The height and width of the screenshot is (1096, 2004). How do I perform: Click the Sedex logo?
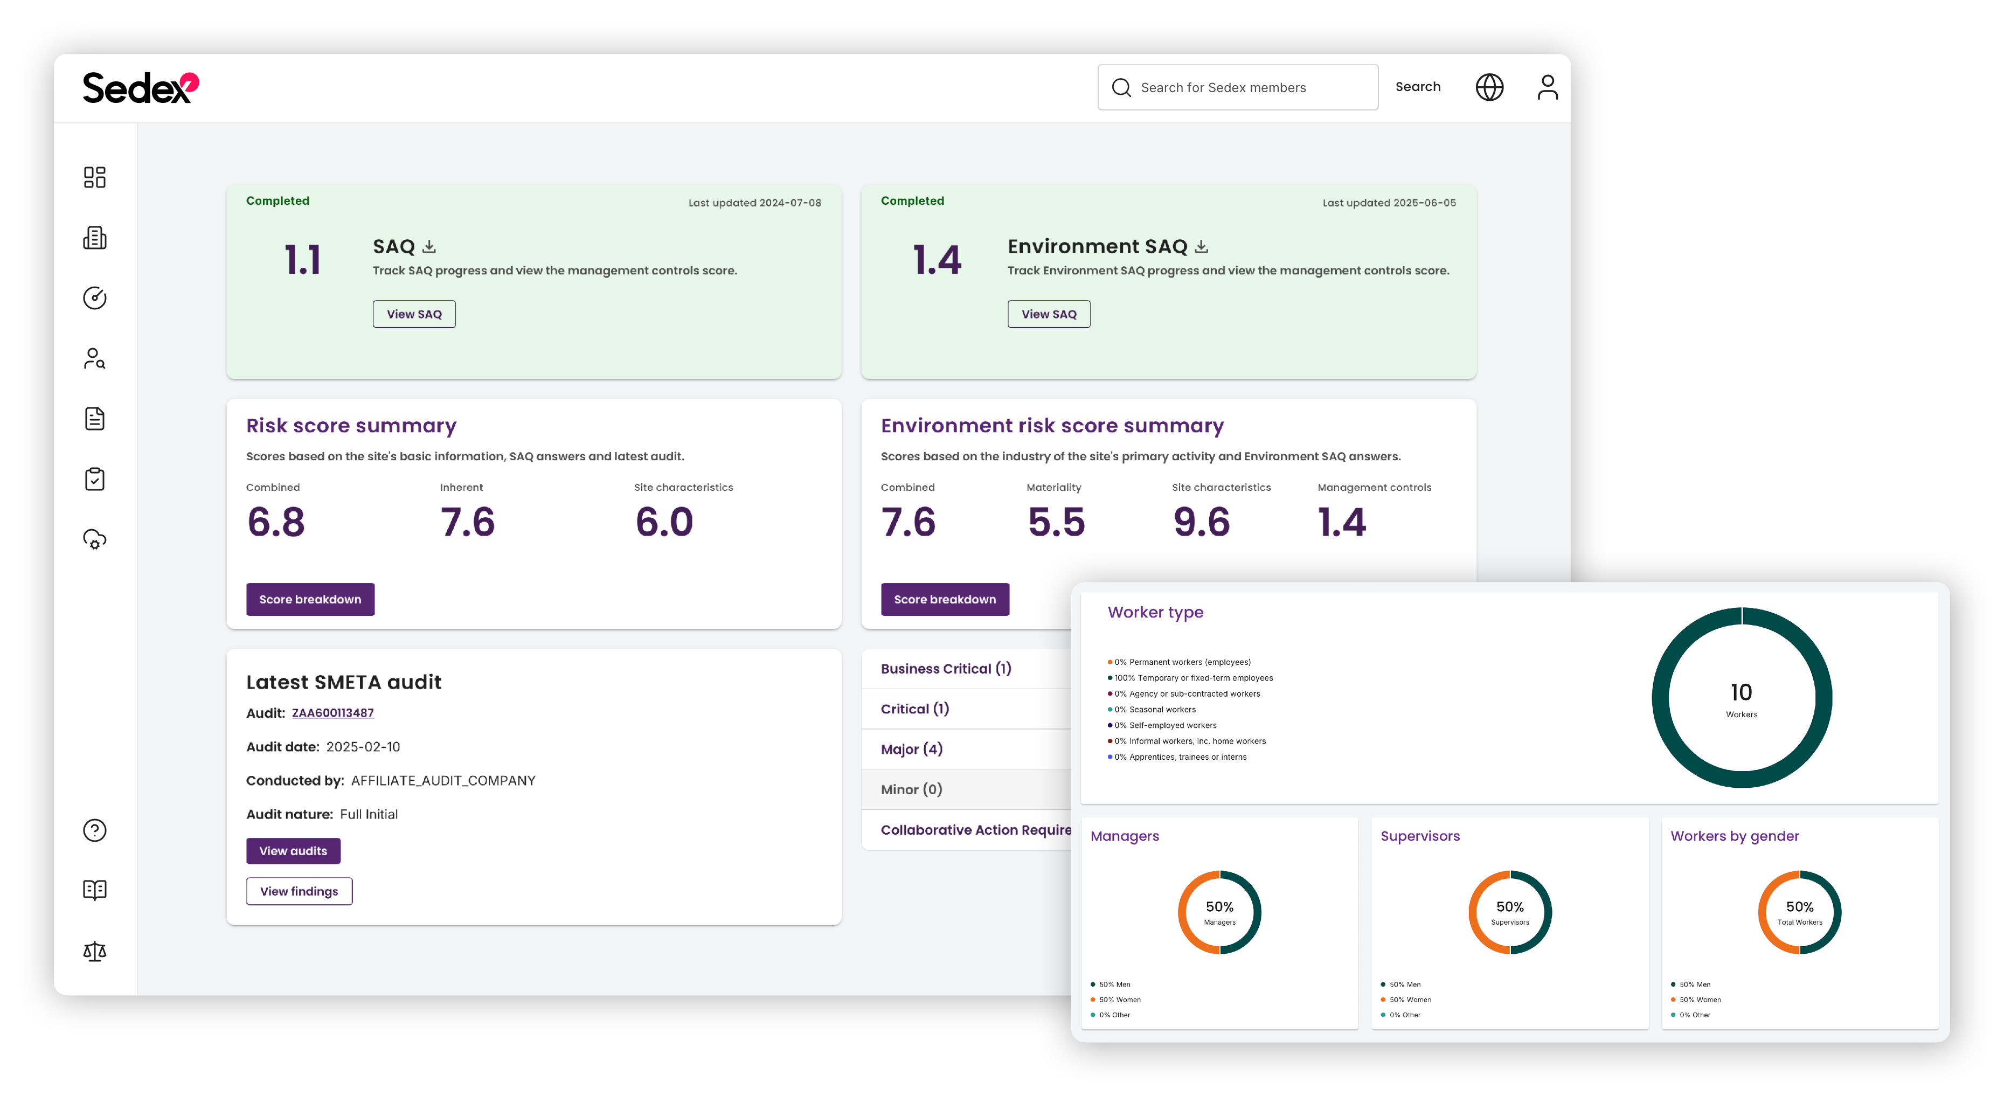[x=140, y=88]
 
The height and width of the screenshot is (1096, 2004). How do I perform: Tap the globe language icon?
[x=1489, y=87]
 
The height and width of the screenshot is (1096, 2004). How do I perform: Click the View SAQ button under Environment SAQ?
[x=1048, y=314]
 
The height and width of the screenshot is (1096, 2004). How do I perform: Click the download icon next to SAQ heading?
[x=428, y=247]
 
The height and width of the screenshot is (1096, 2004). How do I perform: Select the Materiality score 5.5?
[x=1056, y=522]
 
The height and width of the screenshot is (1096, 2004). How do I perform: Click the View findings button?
[x=299, y=891]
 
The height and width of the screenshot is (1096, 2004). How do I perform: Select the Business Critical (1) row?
[x=945, y=669]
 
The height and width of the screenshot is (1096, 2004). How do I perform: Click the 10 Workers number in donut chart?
[x=1741, y=693]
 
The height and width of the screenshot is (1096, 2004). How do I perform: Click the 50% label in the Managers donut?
[x=1219, y=907]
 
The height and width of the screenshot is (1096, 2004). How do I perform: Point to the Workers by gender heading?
[x=1734, y=836]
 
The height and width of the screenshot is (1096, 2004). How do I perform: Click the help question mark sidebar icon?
[x=95, y=831]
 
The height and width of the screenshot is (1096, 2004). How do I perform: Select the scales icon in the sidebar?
[x=95, y=951]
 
